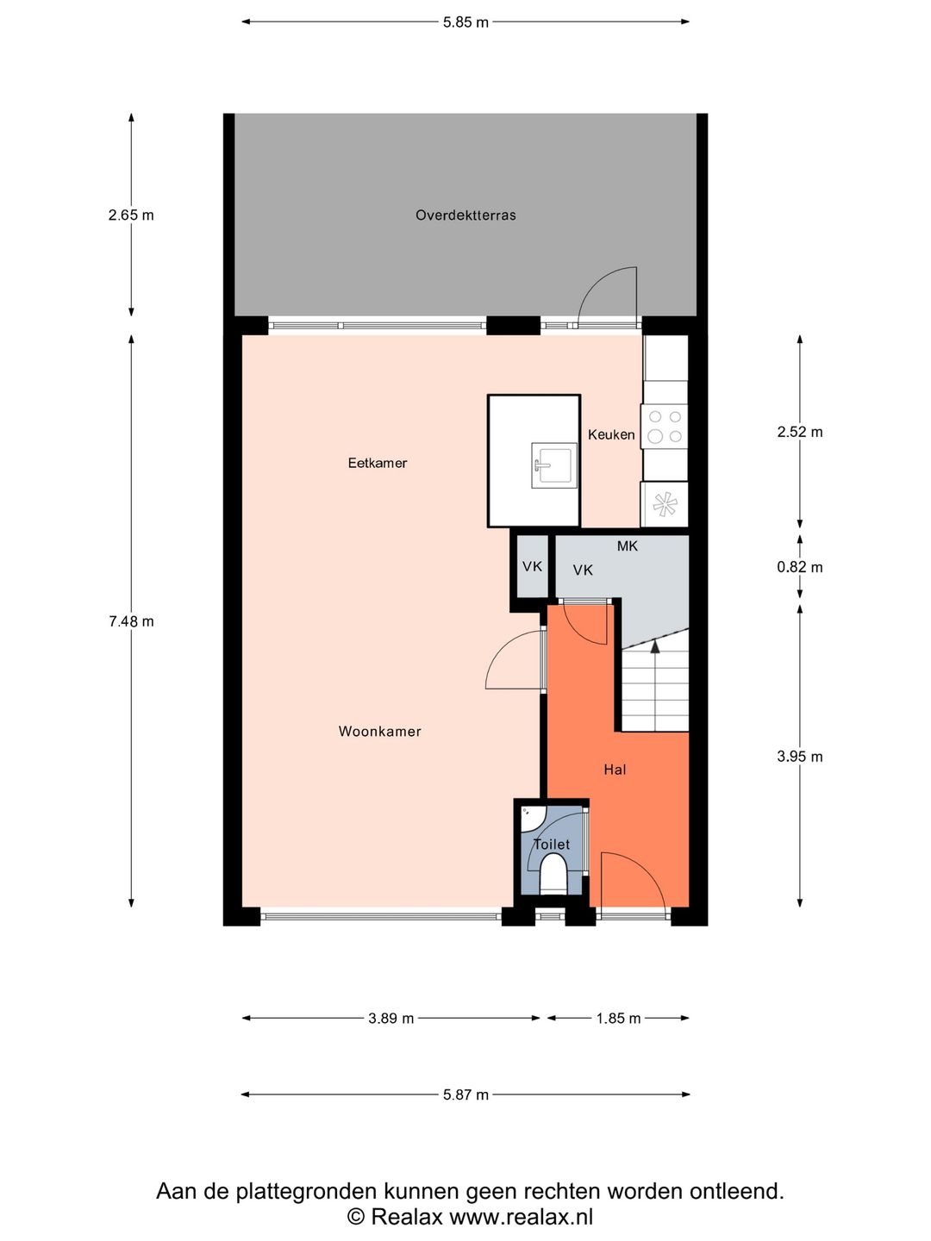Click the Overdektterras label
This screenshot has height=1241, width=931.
[x=465, y=215]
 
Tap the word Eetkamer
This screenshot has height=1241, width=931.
[x=377, y=463]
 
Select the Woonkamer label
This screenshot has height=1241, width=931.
[x=379, y=732]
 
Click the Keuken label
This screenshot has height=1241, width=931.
[x=611, y=434]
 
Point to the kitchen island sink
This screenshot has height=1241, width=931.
[x=554, y=463]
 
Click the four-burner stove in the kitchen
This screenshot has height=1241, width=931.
[x=664, y=427]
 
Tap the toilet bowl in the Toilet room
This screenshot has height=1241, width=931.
[x=553, y=874]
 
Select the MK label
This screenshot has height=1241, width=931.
[x=627, y=546]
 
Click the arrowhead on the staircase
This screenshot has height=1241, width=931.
[x=655, y=646]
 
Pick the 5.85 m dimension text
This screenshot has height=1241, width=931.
[x=465, y=22]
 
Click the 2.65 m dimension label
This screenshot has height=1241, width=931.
[x=131, y=215]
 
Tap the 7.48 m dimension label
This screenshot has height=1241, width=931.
[x=131, y=621]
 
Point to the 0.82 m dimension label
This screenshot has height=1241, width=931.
[x=799, y=567]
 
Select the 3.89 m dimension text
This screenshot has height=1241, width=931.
[x=391, y=1019]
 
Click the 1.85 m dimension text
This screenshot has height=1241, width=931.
[x=618, y=1019]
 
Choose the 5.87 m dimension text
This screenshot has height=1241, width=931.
[x=465, y=1094]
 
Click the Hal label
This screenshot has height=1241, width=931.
[x=615, y=770]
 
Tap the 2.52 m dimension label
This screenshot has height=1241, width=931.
[x=799, y=432]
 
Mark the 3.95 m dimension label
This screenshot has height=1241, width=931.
[x=799, y=757]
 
